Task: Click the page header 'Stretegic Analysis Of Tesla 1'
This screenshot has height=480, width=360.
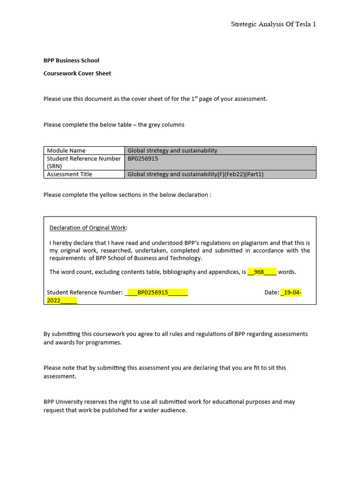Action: pos(273,24)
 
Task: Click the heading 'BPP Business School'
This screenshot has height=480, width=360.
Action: pos(71,60)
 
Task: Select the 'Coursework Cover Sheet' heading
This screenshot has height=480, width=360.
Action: pos(77,74)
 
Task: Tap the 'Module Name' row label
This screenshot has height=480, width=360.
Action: pos(66,150)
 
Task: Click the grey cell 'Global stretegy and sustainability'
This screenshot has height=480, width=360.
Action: pos(172,150)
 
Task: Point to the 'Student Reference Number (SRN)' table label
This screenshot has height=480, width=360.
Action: pos(83,162)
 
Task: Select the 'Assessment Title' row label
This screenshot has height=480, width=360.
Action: pos(69,174)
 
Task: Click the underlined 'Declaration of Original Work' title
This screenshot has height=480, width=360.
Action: pos(88,228)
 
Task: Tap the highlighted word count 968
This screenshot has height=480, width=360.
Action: pos(259,272)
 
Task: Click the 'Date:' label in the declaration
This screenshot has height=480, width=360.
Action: pos(272,292)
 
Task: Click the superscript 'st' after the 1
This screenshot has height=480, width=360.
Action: pos(196,97)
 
